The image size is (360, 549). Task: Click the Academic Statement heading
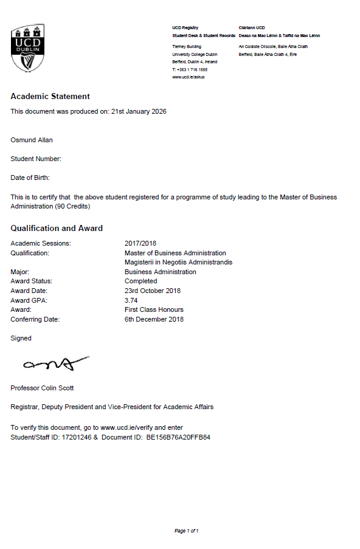pos(50,97)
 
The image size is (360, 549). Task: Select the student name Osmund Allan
pos(32,140)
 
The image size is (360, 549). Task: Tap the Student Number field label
pos(36,159)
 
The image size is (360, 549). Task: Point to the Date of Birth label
pos(30,178)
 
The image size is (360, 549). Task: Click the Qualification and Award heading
pos(57,229)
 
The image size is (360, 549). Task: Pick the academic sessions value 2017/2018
pos(140,244)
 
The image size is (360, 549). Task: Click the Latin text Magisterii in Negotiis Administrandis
pos(178,263)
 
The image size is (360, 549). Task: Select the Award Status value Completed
pos(140,281)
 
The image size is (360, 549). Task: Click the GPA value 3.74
pos(131,300)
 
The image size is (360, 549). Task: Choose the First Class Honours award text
pos(149,309)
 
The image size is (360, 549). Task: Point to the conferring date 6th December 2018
pos(154,319)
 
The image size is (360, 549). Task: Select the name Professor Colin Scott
pos(42,388)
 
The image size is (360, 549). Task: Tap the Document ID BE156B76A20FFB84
pos(178,437)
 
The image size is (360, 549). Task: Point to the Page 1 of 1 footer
pos(187,531)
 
